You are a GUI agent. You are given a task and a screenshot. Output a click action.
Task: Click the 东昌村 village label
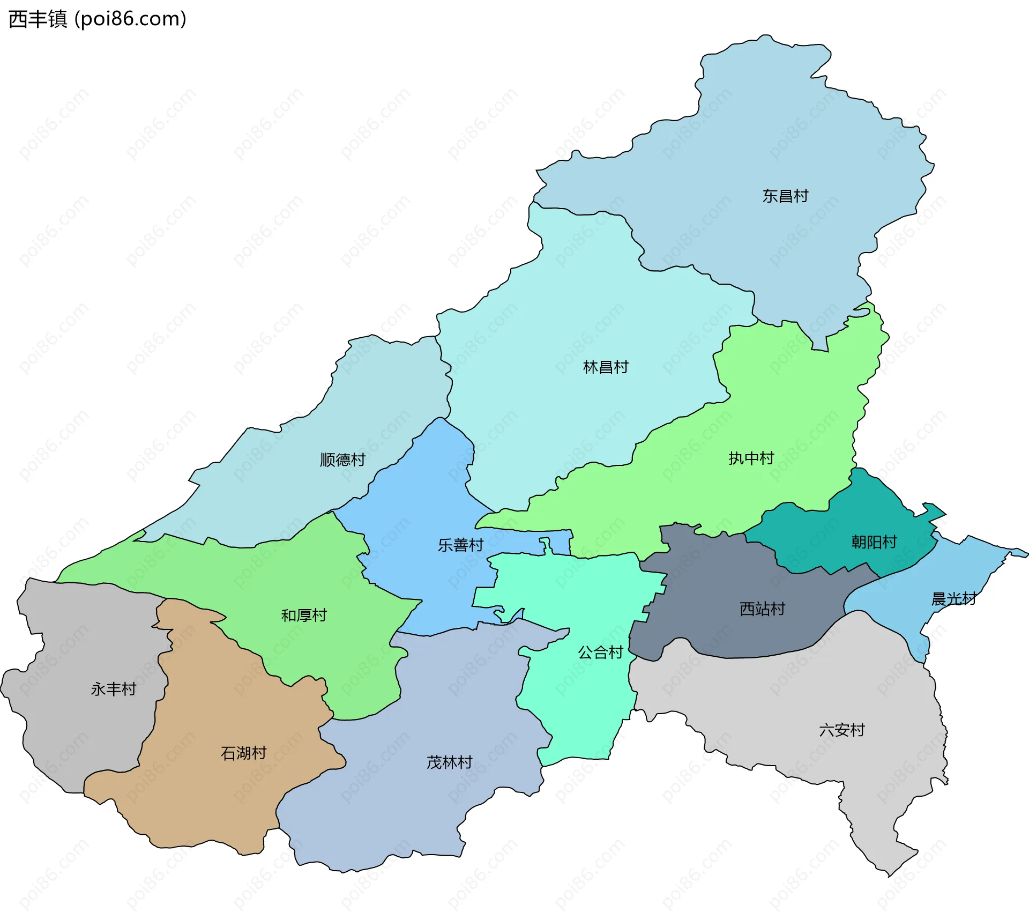(x=785, y=196)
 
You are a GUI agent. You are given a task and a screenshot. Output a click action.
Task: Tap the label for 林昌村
(x=606, y=367)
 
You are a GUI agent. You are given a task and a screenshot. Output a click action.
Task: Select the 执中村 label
(x=751, y=458)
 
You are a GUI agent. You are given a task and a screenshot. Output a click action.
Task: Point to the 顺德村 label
(x=342, y=460)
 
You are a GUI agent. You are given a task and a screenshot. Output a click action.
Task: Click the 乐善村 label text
(x=461, y=545)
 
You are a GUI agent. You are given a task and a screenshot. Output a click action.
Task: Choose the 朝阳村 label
(x=874, y=542)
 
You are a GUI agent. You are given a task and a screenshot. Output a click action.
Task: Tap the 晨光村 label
(x=954, y=599)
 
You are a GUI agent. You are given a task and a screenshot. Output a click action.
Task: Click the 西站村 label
(x=762, y=609)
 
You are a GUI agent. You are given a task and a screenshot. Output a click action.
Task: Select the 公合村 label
(x=600, y=653)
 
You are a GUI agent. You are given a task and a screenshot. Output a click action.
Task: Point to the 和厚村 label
(x=304, y=616)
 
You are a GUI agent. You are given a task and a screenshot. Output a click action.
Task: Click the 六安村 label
(x=842, y=730)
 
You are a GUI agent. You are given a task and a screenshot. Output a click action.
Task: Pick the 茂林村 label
(x=449, y=762)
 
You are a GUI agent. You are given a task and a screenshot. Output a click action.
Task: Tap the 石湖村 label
(x=244, y=753)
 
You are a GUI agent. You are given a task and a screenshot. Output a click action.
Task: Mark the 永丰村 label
(x=114, y=689)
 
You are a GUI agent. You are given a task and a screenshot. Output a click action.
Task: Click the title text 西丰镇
(x=38, y=19)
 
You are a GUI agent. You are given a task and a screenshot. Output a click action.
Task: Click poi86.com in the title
(x=130, y=19)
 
